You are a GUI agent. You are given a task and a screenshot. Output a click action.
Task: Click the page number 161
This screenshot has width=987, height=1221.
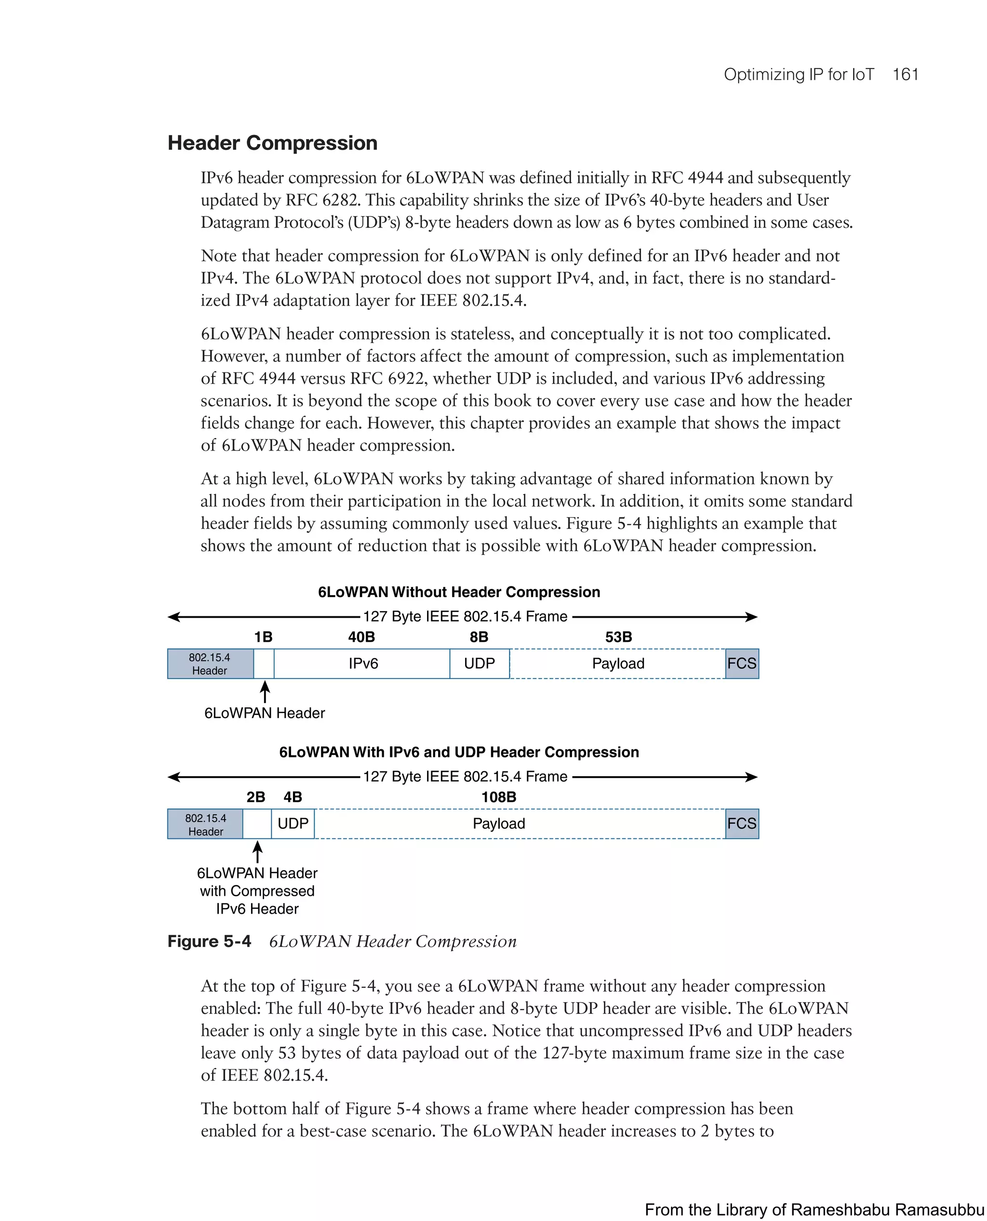905,75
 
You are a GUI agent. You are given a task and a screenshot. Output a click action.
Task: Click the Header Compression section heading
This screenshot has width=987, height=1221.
272,143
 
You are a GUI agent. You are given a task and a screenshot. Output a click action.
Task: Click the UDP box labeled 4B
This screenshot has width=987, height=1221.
293,823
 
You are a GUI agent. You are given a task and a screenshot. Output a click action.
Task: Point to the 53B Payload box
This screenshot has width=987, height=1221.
617,664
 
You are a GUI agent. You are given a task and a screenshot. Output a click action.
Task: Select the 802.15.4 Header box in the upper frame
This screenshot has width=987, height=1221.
210,664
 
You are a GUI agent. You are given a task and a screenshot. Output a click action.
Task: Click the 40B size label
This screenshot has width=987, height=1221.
361,637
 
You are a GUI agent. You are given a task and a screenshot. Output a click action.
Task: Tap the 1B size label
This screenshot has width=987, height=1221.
263,637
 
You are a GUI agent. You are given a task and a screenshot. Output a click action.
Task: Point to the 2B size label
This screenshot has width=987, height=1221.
255,797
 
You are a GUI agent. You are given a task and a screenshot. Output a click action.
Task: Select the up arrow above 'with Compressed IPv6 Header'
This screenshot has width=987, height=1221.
257,852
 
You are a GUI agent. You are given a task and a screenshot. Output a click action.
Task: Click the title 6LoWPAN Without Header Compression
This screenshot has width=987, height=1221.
458,592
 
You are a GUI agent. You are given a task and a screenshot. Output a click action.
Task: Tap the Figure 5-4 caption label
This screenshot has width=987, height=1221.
209,942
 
